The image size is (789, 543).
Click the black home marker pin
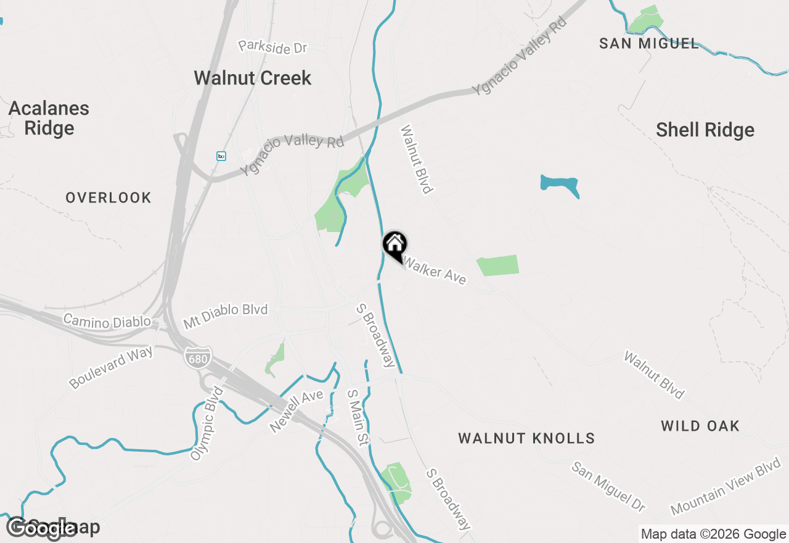(394, 245)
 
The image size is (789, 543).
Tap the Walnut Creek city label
(253, 78)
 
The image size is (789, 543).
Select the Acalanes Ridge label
(49, 118)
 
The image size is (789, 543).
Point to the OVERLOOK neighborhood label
(108, 197)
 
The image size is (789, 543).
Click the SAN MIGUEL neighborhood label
(650, 43)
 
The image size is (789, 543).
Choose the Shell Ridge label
(705, 130)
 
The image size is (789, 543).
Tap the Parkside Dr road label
(272, 47)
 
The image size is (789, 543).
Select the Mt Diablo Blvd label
(226, 315)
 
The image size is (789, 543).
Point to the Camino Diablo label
(107, 321)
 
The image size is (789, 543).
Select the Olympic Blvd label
(206, 423)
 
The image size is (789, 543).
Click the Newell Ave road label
(296, 410)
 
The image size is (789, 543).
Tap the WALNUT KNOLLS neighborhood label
(526, 438)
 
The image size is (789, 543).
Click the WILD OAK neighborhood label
(700, 426)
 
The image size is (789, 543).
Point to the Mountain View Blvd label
(726, 486)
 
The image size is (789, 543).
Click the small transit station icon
(221, 156)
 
